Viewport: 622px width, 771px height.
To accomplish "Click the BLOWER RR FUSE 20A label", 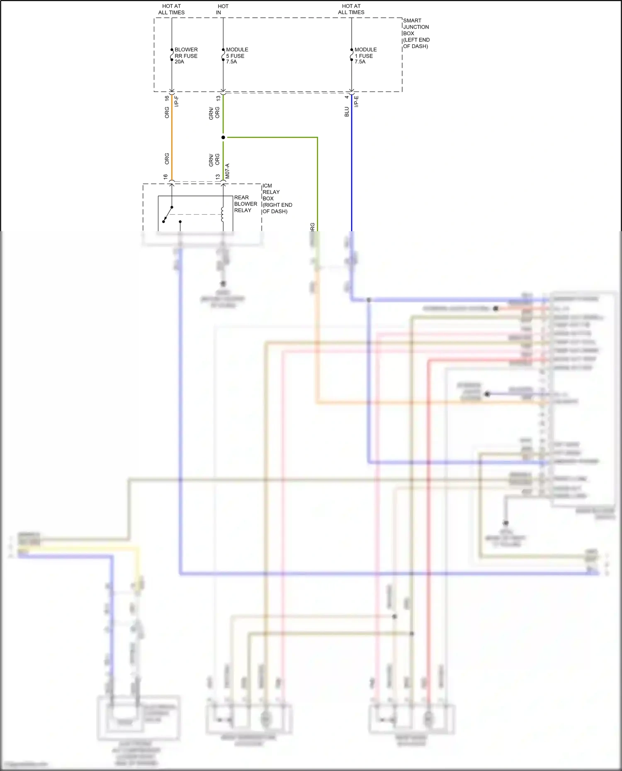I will pos(186,56).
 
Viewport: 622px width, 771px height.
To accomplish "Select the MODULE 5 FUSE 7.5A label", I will pos(236,56).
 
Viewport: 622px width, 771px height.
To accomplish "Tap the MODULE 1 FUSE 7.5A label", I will pos(365,56).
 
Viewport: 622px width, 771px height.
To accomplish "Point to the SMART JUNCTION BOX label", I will pos(416,33).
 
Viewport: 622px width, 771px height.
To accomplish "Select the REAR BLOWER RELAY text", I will pos(245,204).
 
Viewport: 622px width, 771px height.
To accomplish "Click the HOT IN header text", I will pos(222,9).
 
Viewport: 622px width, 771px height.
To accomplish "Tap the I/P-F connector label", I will pos(177,102).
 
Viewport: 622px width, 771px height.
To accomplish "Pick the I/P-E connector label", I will pos(356,102).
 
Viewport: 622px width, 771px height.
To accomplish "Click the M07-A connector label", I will pos(227,171).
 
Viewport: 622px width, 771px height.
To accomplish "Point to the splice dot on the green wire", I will pos(223,137).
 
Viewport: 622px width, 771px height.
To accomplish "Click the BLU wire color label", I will pos(347,112).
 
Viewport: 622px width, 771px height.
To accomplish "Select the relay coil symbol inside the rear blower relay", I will pos(223,214).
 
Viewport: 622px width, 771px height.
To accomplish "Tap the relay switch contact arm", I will pos(168,214).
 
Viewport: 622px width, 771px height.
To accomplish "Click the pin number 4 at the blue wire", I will pos(347,97).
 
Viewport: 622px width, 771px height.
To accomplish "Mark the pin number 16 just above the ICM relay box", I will pos(165,176).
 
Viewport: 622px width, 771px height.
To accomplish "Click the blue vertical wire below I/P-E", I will pos(352,166).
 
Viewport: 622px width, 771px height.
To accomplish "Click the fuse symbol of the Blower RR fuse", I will pos(172,55).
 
